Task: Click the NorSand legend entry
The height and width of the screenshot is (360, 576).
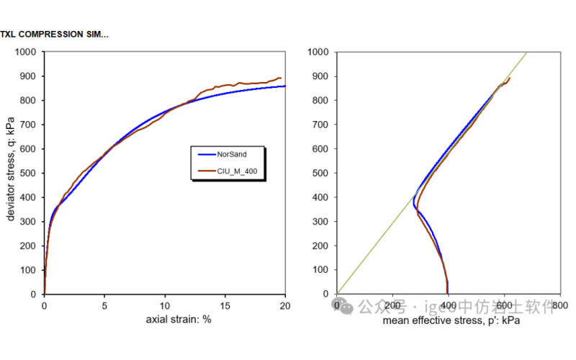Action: (233, 154)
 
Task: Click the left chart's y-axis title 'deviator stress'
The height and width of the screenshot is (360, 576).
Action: (12, 173)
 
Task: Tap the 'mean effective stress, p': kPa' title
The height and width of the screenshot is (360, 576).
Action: (451, 320)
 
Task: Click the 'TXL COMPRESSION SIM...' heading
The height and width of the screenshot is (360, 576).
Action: (55, 34)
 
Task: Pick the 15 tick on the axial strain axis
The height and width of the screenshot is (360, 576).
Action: (225, 305)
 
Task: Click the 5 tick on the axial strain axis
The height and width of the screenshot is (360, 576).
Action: (104, 305)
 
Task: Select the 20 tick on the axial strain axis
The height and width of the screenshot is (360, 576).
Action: (285, 305)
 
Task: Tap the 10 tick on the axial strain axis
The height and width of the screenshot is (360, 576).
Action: (165, 305)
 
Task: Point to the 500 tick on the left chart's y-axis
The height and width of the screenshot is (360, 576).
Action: (31, 174)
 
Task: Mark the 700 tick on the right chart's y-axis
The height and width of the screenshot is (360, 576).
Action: (321, 125)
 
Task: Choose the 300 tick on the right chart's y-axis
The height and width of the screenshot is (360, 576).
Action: (321, 222)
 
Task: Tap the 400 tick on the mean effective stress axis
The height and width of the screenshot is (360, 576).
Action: (448, 306)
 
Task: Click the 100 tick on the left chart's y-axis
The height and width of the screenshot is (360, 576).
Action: (31, 270)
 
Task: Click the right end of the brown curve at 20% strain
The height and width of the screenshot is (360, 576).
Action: (280, 78)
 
